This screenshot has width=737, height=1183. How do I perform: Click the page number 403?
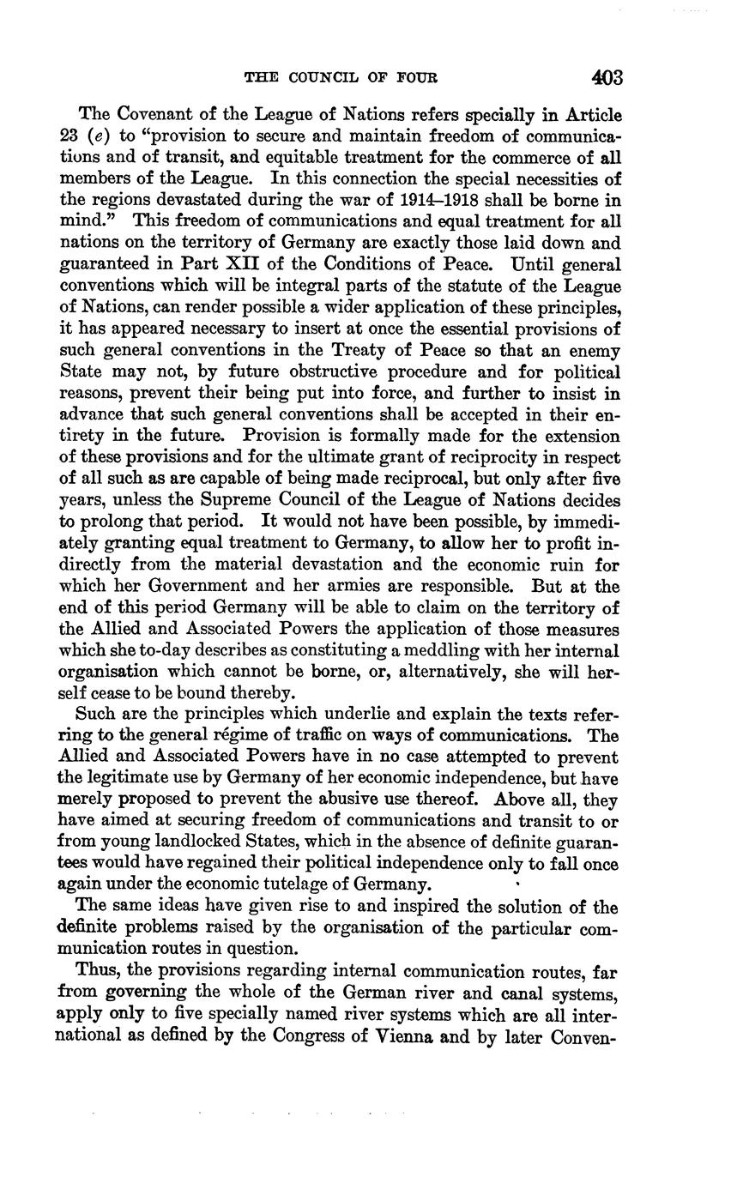tap(607, 77)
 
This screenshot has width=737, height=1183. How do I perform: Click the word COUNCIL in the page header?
tap(330, 77)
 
